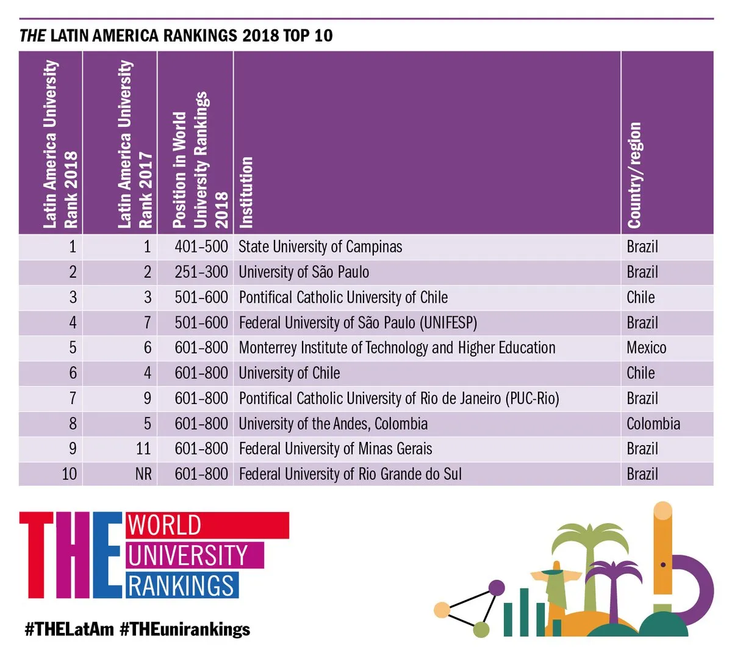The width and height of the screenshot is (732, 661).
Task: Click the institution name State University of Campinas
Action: (320, 247)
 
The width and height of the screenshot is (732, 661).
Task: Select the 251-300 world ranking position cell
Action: (201, 272)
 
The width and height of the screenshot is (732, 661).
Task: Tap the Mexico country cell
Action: (646, 348)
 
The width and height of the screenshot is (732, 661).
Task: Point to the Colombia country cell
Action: (653, 424)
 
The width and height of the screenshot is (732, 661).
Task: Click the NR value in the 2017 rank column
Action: (143, 474)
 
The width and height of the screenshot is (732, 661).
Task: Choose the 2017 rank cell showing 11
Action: (143, 449)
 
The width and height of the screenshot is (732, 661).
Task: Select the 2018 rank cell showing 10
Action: (69, 474)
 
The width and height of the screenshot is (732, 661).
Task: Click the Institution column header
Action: (246, 192)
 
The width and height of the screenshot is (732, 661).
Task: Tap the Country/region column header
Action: (634, 176)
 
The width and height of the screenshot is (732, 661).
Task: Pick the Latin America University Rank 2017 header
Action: (134, 144)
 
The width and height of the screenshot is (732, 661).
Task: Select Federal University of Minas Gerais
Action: (335, 449)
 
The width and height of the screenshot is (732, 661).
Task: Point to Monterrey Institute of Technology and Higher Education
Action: (396, 348)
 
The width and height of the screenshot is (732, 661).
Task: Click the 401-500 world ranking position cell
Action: (201, 247)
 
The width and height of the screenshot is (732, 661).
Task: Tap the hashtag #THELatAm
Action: (69, 629)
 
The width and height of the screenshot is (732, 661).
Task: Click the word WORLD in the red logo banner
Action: (164, 526)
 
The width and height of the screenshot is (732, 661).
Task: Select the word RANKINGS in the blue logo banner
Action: (181, 585)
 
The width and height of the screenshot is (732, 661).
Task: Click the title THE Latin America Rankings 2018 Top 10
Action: (176, 35)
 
